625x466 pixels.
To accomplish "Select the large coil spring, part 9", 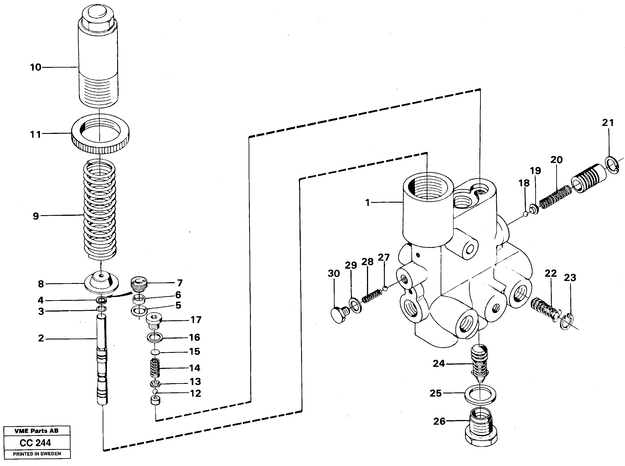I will click(100, 210).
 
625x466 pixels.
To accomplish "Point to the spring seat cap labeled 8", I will click(101, 283).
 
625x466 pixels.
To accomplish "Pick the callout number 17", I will click(196, 320).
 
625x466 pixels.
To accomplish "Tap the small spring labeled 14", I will click(155, 368).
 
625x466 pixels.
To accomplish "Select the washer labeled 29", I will click(356, 305).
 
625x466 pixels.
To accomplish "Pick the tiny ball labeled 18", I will click(525, 214).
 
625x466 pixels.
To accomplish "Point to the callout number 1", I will click(367, 202).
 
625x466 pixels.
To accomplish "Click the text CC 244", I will click(35, 443).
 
